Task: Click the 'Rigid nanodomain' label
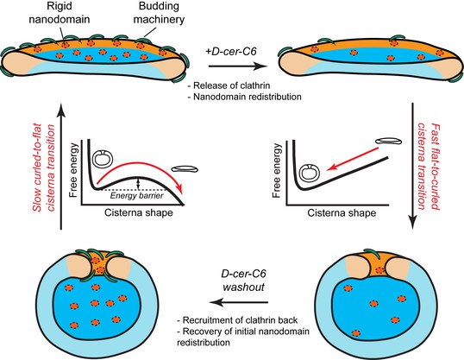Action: tap(60, 13)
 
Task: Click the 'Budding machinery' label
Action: tap(159, 13)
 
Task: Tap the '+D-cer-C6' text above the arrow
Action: tap(231, 51)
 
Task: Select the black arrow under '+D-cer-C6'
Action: tap(238, 66)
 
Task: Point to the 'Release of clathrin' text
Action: tap(229, 85)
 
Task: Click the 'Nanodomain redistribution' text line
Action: tap(245, 97)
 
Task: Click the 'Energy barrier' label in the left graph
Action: tap(137, 196)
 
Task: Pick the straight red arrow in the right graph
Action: tap(353, 159)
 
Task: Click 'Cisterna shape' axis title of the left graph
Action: tap(139, 212)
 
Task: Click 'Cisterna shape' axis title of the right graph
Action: tap(342, 212)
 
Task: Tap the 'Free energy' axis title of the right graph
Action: tap(276, 170)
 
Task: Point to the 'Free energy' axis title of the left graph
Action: tap(73, 170)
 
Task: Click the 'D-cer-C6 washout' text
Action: tap(243, 281)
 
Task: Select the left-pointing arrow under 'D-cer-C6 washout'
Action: tap(239, 302)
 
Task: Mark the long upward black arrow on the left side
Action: tap(61, 167)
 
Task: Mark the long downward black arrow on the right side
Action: tap(412, 167)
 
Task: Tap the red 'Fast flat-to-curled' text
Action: tap(435, 167)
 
